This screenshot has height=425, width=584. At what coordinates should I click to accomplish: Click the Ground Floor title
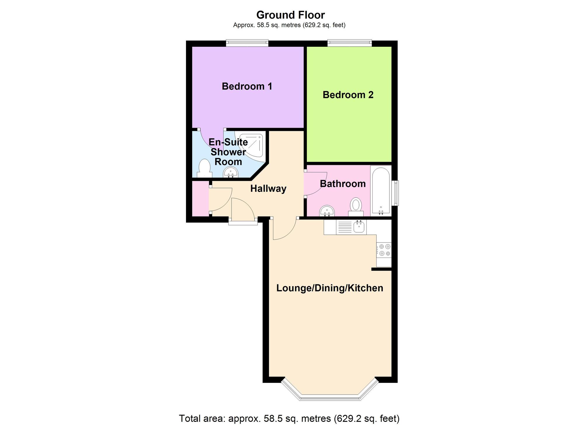(290, 15)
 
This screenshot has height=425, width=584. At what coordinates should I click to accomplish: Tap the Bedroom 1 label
(247, 87)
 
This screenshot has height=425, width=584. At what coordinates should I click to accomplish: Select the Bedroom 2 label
(348, 95)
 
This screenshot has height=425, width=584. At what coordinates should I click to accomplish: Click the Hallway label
(268, 189)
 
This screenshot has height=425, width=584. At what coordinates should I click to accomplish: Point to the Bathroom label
(343, 184)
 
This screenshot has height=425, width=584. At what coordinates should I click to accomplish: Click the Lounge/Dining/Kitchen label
(330, 288)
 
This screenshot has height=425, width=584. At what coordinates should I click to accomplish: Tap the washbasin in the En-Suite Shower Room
(231, 172)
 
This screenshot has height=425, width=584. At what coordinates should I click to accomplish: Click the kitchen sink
(359, 227)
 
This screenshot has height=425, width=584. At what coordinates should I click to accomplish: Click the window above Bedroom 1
(247, 43)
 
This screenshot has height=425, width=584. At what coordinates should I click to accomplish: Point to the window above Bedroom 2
(350, 43)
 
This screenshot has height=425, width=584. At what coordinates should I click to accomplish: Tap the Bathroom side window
(396, 193)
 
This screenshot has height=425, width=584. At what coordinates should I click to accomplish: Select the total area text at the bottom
(289, 419)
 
